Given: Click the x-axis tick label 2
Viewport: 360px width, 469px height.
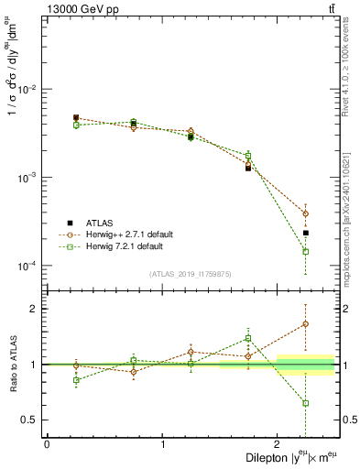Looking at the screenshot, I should [x=278, y=444].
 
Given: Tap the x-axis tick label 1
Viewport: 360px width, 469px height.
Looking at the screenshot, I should [x=163, y=444].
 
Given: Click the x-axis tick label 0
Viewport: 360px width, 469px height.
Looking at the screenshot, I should [x=47, y=444].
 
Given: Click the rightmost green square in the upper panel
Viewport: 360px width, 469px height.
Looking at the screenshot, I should [x=306, y=251].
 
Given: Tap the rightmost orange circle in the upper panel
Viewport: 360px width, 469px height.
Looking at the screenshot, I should [x=306, y=213].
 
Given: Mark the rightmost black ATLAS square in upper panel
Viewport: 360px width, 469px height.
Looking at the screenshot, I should [x=306, y=233].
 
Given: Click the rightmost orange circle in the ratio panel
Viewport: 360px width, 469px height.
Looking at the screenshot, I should [x=306, y=323].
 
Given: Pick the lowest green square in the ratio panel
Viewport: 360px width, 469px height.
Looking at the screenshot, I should [x=306, y=403].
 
